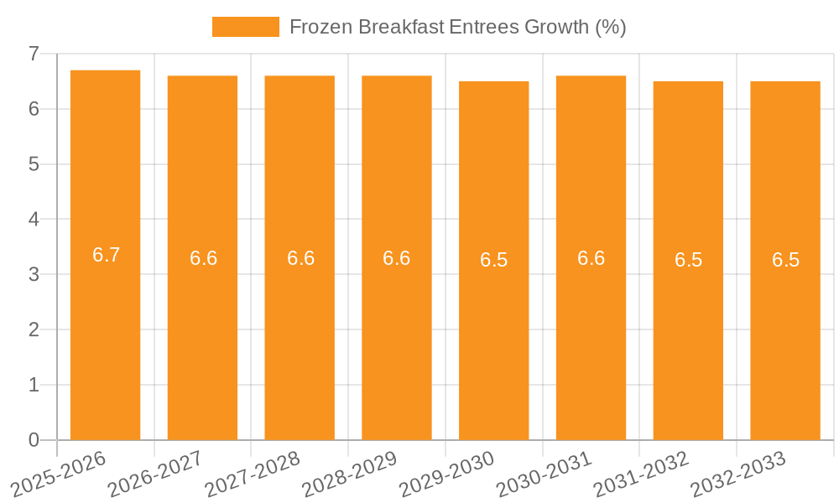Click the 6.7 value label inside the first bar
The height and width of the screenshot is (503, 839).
[x=107, y=256]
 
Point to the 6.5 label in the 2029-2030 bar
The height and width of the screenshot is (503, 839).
[x=494, y=260]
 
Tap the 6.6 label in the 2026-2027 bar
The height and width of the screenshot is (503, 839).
[x=203, y=258]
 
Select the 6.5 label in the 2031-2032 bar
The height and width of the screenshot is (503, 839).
[x=688, y=260]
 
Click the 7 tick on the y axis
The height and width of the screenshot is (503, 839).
[x=34, y=54]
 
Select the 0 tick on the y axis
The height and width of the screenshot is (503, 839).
[x=34, y=440]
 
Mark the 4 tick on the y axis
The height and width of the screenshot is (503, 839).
[x=34, y=220]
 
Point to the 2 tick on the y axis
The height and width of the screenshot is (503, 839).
[x=34, y=329]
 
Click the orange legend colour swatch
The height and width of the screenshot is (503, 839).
[x=245, y=27]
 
